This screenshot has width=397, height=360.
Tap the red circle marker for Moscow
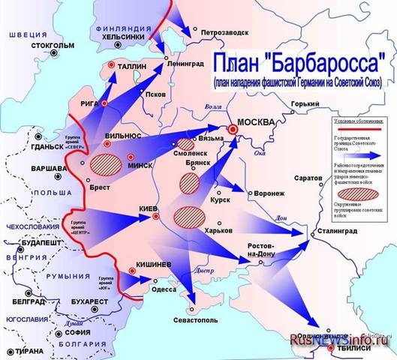point(233,130)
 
